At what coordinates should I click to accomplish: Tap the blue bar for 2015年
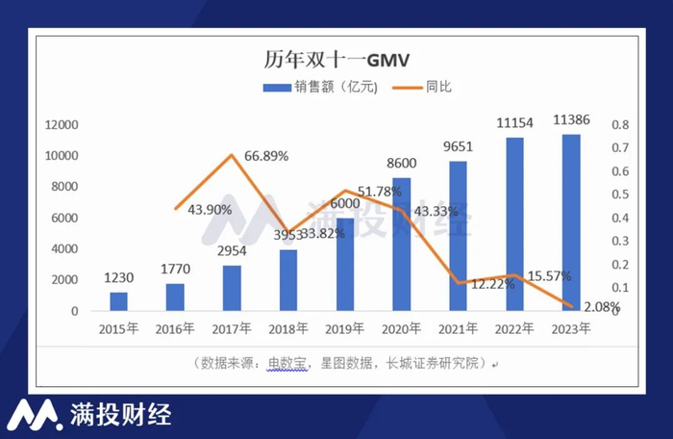(118, 300)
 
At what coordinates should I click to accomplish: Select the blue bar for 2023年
(571, 222)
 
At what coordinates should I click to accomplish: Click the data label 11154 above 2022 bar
(515, 123)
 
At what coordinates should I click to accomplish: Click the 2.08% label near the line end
(600, 306)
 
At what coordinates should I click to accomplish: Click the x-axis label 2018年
(288, 329)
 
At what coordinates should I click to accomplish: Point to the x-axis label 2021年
(459, 329)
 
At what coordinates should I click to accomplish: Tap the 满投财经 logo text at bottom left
(120, 415)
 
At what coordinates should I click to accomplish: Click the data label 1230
(118, 278)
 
